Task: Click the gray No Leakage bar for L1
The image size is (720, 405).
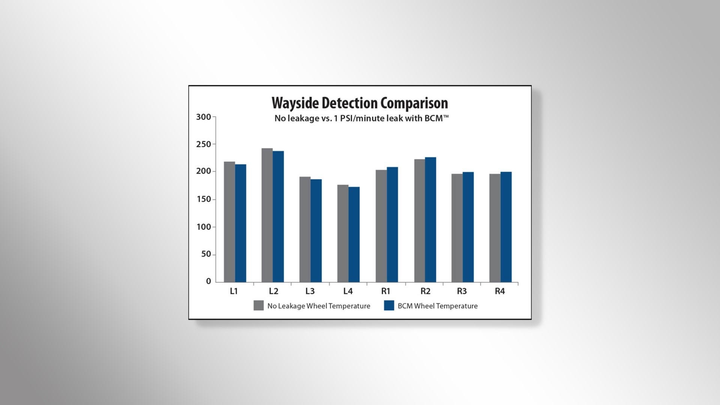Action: [229, 222]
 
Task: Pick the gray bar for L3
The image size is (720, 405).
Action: [305, 229]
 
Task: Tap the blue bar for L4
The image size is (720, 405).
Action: [354, 235]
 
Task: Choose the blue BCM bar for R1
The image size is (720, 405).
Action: [392, 225]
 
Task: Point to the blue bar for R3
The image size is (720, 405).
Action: [468, 227]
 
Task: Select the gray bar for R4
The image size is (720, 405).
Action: [495, 228]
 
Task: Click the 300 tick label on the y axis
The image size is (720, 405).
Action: [204, 117]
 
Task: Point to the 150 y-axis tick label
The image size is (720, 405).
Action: [204, 199]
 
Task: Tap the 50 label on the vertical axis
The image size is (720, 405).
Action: [206, 254]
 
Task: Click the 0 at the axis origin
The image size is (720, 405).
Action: [208, 281]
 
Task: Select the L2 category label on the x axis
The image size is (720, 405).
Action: [273, 291]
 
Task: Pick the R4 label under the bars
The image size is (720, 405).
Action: [500, 291]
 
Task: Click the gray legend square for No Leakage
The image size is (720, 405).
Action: [259, 306]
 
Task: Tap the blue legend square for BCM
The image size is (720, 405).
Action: [389, 306]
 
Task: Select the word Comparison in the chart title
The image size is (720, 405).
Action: [414, 103]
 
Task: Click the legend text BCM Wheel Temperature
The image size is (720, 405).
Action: [438, 306]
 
